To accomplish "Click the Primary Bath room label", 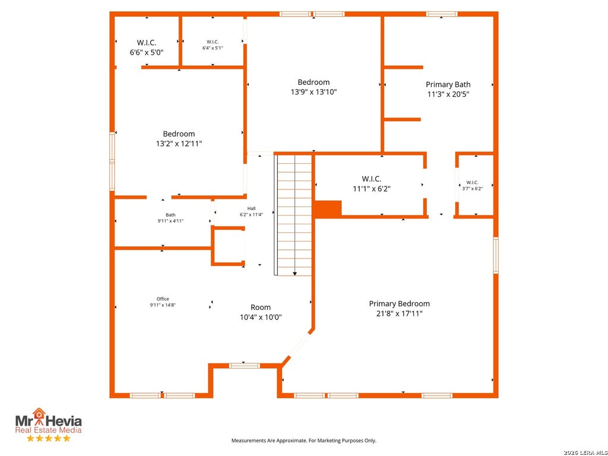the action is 448,84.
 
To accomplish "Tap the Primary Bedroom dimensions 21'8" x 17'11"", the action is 399,313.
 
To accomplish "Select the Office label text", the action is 163,299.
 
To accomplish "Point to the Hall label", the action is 251,208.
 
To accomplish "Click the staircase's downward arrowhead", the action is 294,274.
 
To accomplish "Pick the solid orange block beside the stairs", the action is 328,209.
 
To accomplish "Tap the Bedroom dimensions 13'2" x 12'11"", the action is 179,144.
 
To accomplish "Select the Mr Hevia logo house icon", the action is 39,413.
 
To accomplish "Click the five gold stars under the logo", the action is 49,438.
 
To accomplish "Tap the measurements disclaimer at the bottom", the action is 303,441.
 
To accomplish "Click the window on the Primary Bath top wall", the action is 442,14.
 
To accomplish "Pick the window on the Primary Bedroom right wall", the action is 496,255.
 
